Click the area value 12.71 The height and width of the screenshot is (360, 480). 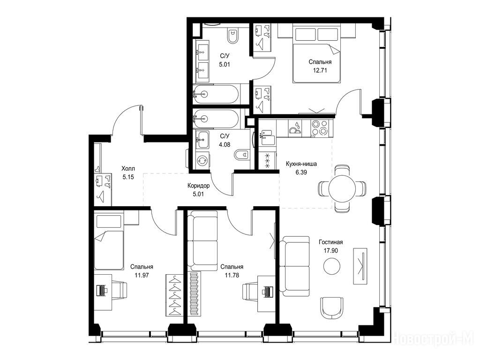coord(320,70)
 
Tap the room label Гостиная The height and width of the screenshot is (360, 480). coord(330,242)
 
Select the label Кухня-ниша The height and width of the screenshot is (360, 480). coord(301,164)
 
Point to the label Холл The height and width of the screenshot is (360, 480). coord(128,169)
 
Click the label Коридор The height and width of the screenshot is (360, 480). coord(198,186)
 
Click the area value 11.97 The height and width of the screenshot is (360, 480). coord(142,275)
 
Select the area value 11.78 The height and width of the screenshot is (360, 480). coord(232,275)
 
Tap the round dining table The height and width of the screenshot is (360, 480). coord(342,188)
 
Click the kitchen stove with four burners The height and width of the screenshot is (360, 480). coord(319,127)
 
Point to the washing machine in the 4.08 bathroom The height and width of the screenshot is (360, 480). coord(202,160)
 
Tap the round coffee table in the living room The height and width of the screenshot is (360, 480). coord(332,266)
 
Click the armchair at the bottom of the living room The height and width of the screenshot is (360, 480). coord(332,307)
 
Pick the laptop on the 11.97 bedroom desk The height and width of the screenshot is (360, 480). coord(101,290)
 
